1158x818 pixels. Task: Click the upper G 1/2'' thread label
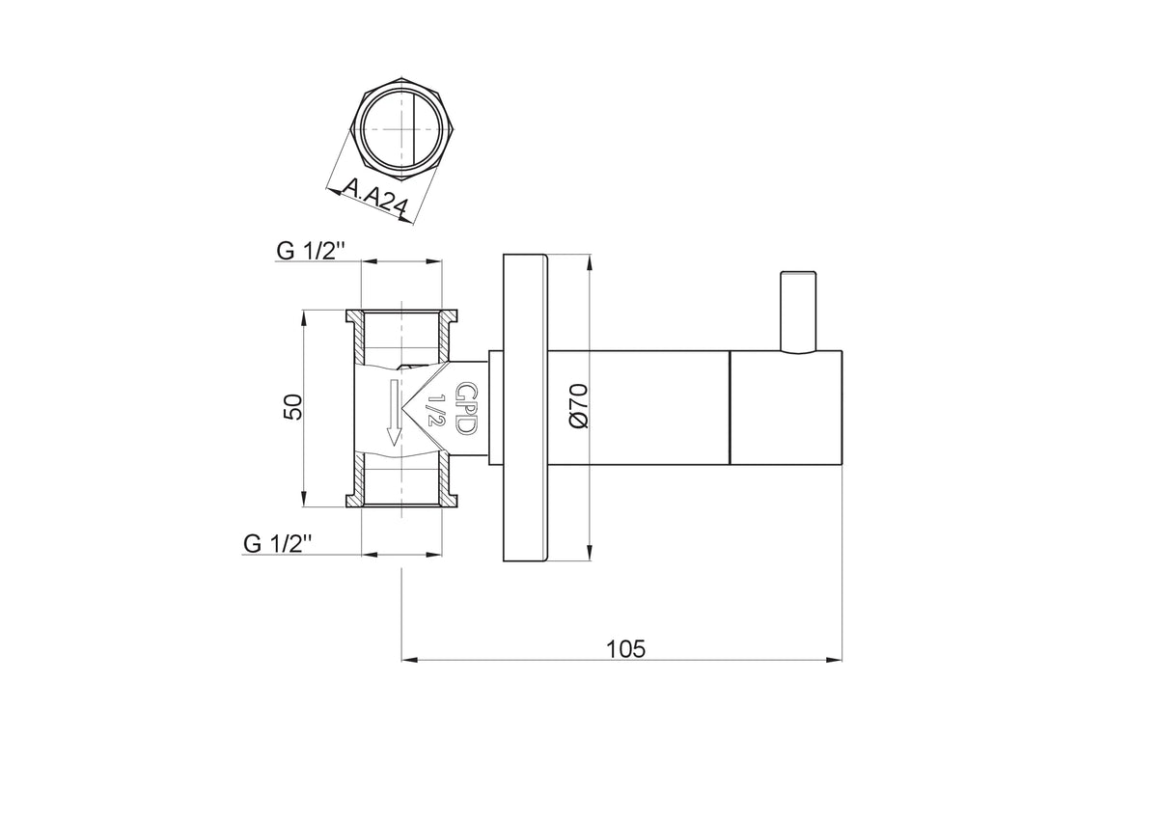[x=310, y=251]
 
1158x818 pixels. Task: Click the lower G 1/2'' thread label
[x=277, y=544]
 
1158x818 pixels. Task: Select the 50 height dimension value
[x=292, y=407]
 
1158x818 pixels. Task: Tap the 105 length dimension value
[x=625, y=649]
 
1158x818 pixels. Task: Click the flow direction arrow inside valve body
[x=394, y=412]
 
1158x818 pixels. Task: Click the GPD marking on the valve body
[x=465, y=408]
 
